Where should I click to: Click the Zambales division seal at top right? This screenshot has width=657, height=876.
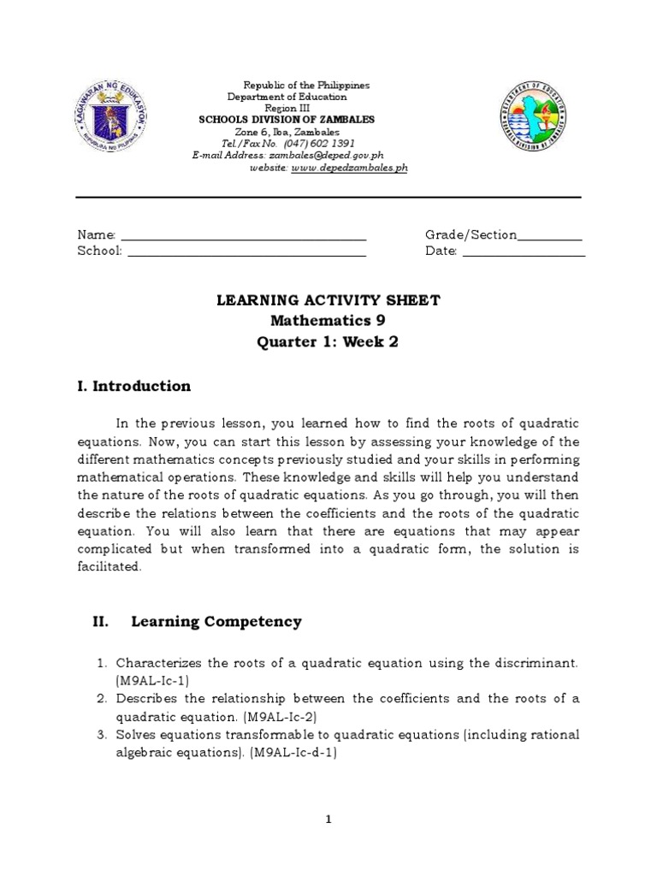pos(533,121)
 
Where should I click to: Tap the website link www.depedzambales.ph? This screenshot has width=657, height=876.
pos(348,169)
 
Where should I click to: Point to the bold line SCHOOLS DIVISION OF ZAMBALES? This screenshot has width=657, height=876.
pos(287,121)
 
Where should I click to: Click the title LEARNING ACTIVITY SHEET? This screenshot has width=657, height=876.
pos(328,300)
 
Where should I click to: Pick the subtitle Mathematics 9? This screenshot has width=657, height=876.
pos(328,322)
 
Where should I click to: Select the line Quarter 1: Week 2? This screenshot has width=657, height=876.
pos(328,343)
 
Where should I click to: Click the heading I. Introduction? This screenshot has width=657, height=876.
pos(134,387)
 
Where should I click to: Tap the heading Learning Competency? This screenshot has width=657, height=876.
pos(216,622)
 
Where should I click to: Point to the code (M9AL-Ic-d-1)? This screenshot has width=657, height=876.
pos(293,753)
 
